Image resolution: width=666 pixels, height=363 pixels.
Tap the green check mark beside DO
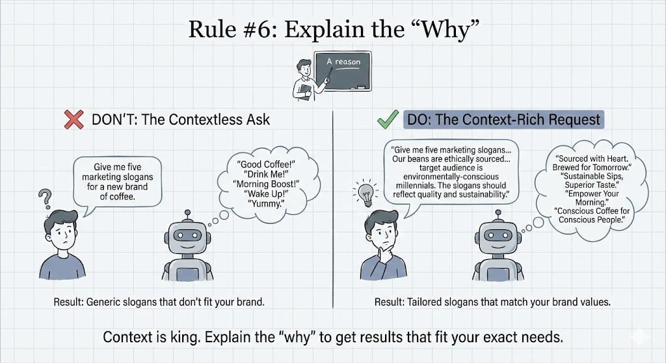[x=388, y=119]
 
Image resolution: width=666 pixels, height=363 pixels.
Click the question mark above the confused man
[x=45, y=196]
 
